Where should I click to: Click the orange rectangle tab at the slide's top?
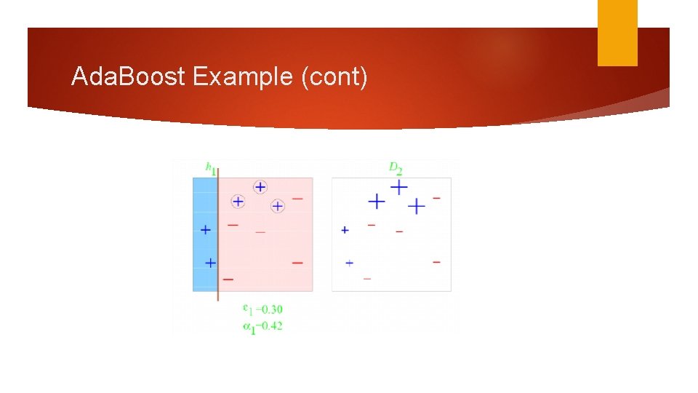(617, 33)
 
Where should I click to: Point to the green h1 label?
(210, 169)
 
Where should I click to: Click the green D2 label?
(396, 169)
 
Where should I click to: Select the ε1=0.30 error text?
(262, 309)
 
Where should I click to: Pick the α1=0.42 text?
(262, 326)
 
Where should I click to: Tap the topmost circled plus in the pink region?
(260, 187)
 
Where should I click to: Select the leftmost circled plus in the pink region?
(238, 201)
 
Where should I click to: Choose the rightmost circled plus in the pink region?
(277, 206)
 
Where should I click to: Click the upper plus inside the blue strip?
(206, 229)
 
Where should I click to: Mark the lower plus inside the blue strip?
(210, 262)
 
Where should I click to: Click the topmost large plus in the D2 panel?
(398, 187)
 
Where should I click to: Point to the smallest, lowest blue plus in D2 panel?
(350, 262)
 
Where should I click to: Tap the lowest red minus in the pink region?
(228, 279)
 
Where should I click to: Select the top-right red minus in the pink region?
(297, 198)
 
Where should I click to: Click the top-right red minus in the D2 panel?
(436, 197)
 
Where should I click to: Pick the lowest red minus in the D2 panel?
(367, 278)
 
